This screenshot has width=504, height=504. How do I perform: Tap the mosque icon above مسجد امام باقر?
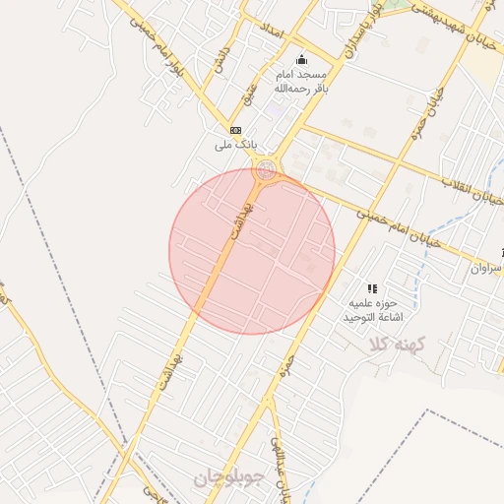301,58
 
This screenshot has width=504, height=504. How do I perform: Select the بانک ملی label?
235,145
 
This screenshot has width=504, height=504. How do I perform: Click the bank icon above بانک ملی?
235,129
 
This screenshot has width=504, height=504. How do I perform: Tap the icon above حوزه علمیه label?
372,288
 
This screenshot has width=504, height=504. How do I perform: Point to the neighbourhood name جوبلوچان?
226,479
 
